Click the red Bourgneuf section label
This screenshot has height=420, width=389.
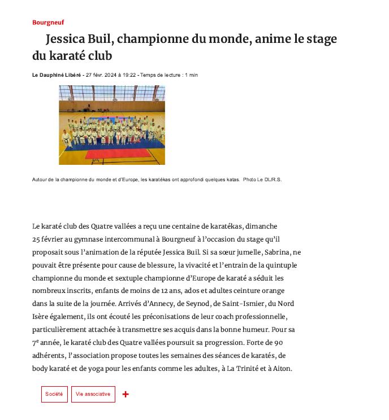click(48, 23)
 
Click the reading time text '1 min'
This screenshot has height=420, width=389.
click(191, 75)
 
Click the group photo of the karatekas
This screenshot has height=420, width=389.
click(112, 125)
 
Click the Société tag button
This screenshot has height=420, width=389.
click(54, 394)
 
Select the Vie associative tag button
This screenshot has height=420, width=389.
click(93, 394)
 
